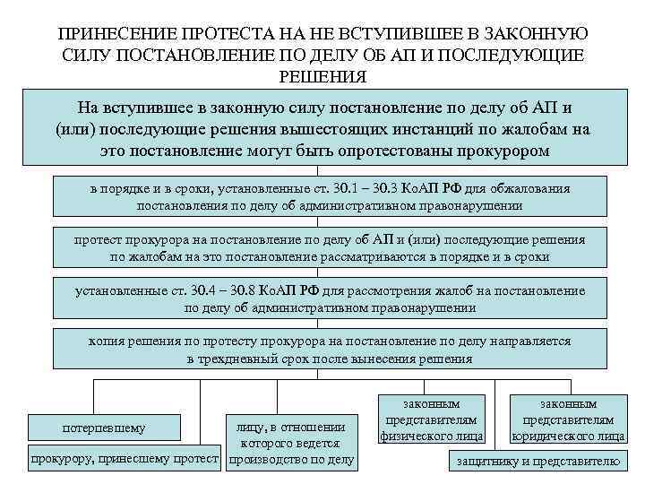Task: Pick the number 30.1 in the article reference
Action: coord(311,189)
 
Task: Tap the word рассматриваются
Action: coord(344,256)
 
